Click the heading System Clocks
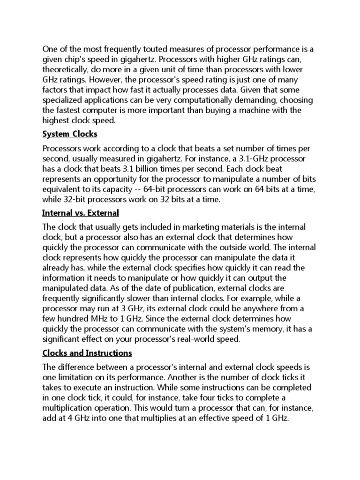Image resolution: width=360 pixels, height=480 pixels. coord(70,135)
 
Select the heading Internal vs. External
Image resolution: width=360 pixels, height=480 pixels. coord(81,213)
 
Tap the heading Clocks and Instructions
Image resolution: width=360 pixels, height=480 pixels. coord(87,352)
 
